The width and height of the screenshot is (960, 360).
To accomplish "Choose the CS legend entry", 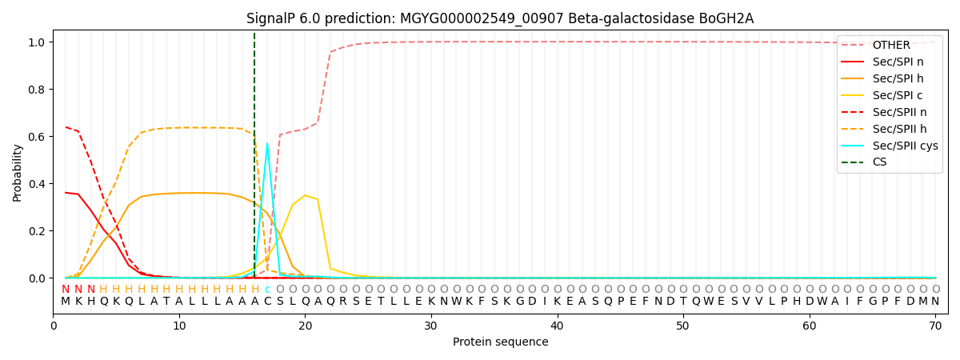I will (879, 162).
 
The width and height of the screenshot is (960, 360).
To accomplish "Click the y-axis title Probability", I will (18, 172).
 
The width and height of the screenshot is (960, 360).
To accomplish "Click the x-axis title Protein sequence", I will (500, 342).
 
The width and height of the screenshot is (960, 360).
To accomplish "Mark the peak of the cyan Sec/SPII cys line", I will (267, 144).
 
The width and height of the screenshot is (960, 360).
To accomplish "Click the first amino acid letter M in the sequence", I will (66, 302).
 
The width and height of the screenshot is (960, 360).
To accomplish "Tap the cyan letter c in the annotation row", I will (267, 290).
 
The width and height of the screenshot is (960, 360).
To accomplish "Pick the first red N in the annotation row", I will (66, 290).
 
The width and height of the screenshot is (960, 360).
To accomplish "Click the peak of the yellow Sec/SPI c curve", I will (305, 195).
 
